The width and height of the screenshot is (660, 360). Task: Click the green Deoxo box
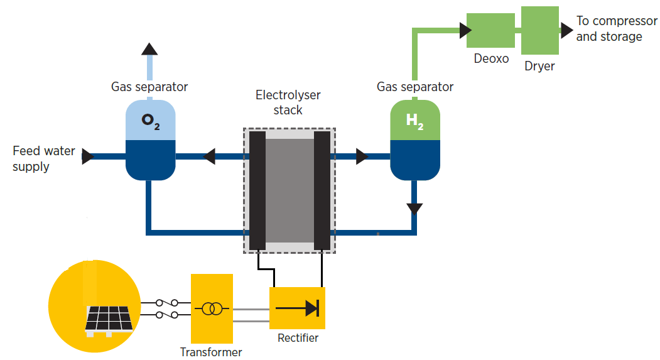click(x=490, y=30)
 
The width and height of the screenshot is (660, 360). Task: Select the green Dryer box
click(x=540, y=30)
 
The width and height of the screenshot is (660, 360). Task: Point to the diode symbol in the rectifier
click(x=298, y=308)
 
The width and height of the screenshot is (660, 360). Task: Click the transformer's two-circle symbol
click(x=212, y=308)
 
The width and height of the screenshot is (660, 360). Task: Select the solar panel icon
click(x=108, y=318)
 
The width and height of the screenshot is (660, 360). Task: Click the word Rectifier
click(x=298, y=338)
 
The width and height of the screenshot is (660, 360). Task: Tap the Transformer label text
click(x=211, y=352)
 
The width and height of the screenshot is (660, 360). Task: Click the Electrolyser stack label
click(x=288, y=102)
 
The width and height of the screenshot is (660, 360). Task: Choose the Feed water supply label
click(x=43, y=159)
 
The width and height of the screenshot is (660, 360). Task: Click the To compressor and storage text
click(x=616, y=29)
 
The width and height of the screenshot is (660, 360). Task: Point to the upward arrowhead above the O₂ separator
click(x=149, y=48)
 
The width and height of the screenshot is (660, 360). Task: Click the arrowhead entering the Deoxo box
click(x=465, y=30)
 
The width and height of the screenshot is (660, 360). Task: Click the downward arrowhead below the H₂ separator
click(x=414, y=208)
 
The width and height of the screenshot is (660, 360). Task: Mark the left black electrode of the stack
click(x=257, y=190)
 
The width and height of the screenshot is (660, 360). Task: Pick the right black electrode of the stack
click(x=322, y=190)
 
